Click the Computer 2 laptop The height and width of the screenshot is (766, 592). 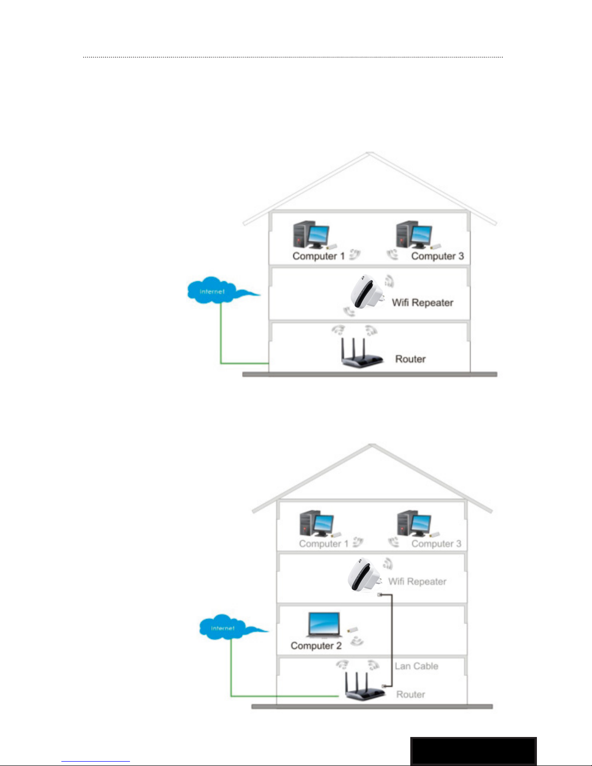[324, 625]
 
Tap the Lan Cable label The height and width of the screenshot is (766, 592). [416, 666]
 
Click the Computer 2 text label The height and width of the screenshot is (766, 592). [316, 646]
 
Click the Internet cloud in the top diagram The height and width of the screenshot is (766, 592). [213, 290]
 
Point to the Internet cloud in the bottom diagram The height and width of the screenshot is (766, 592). [223, 628]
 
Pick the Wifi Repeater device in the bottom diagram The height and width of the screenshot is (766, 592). [363, 575]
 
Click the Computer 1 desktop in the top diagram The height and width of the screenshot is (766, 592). [310, 235]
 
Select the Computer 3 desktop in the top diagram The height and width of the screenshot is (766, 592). [413, 235]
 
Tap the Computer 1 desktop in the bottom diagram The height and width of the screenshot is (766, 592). [316, 523]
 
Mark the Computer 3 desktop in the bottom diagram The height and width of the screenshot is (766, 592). [414, 523]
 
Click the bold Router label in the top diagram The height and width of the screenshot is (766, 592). [410, 359]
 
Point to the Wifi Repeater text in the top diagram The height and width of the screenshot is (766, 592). [422, 303]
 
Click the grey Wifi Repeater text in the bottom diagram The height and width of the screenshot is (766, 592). [417, 581]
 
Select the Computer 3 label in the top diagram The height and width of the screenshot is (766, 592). [437, 256]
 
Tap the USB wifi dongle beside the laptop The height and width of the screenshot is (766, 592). [352, 631]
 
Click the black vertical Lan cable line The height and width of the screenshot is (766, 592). [391, 638]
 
